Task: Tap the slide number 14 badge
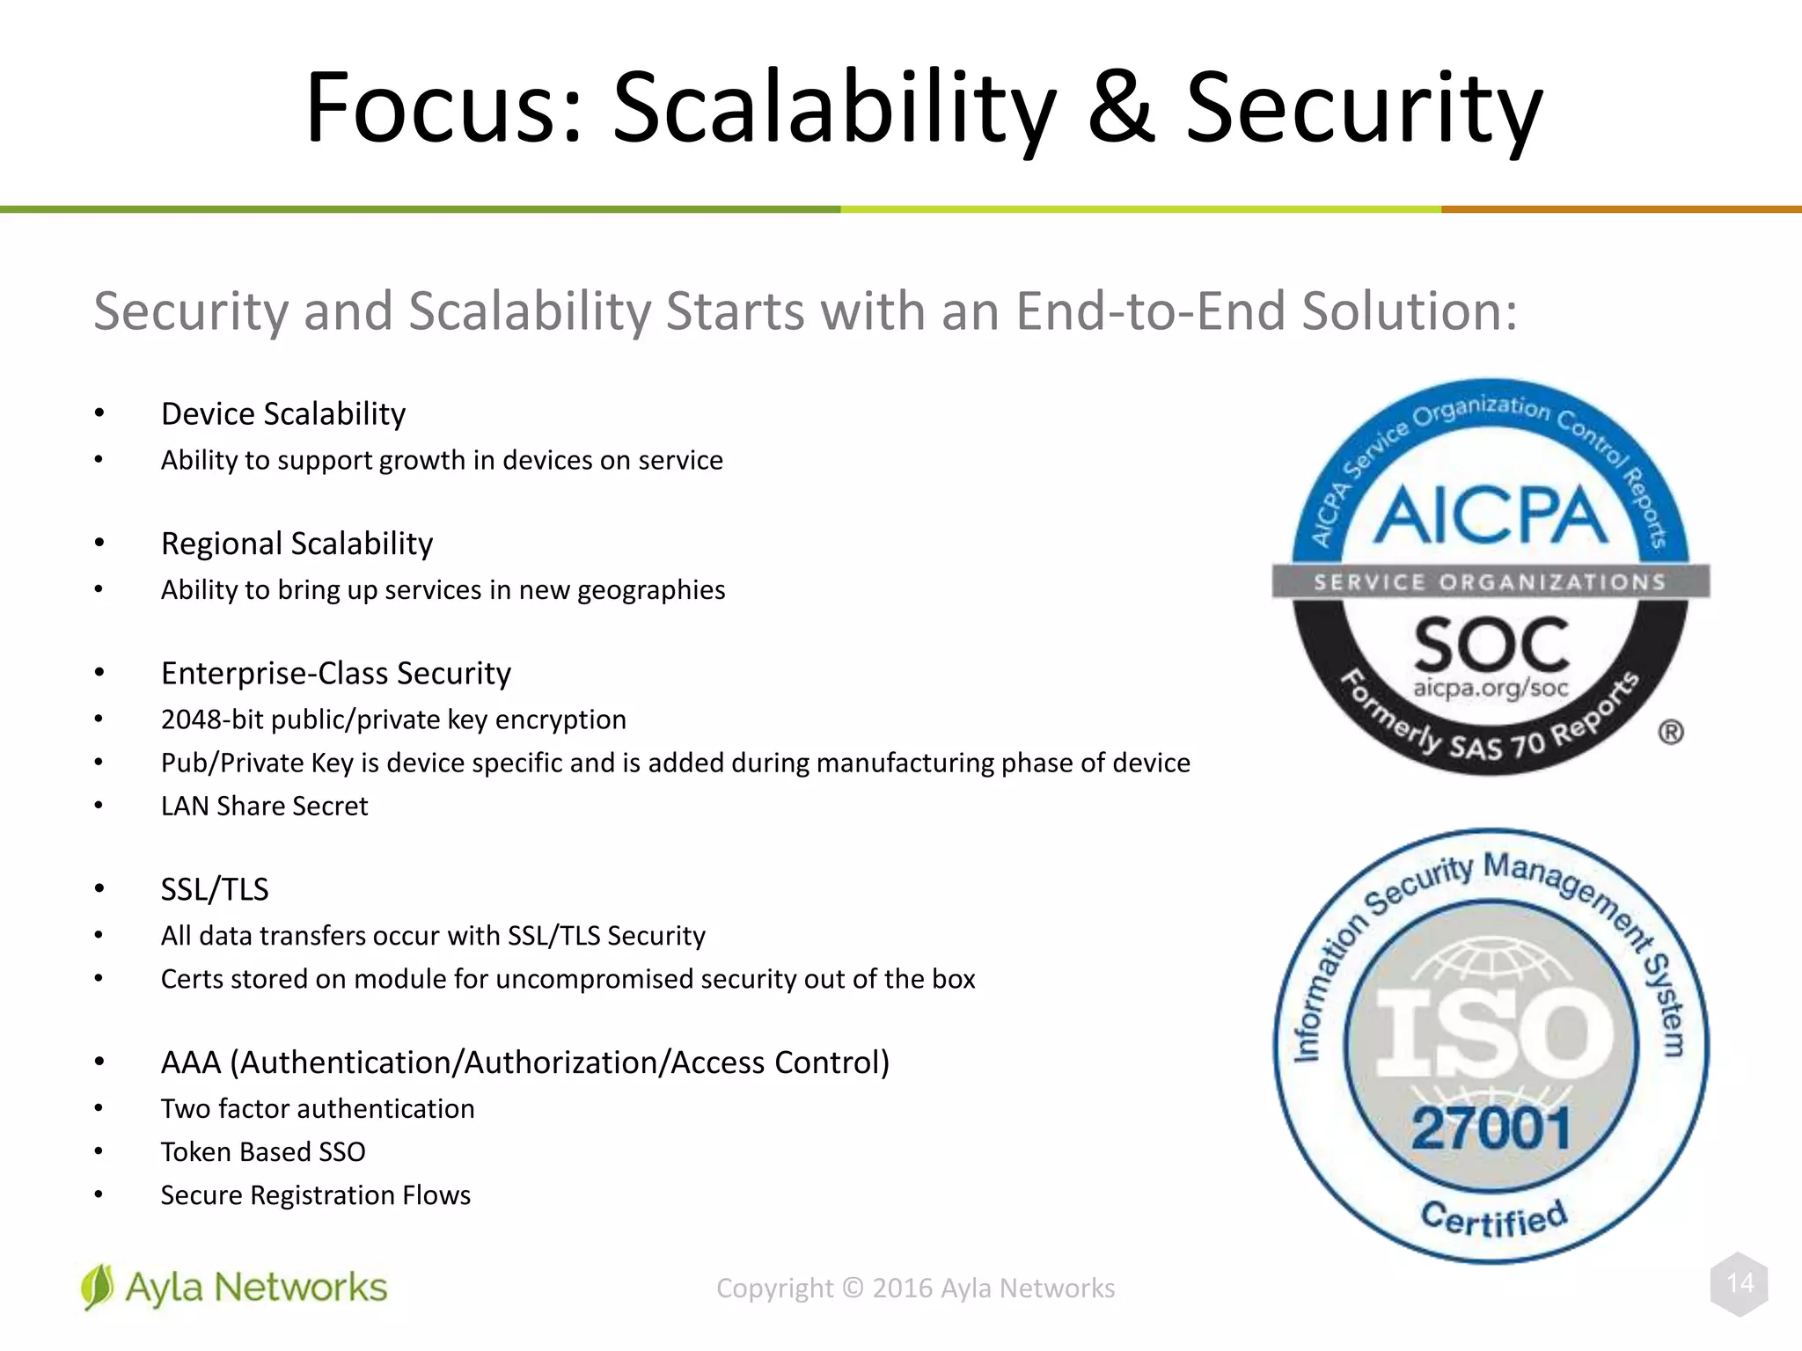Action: [x=1740, y=1283]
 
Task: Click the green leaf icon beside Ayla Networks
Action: [x=97, y=1287]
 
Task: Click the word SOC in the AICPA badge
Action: [x=1491, y=645]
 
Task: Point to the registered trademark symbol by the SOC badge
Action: [x=1670, y=732]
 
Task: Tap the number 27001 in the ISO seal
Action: [x=1491, y=1128]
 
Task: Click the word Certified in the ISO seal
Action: [x=1493, y=1219]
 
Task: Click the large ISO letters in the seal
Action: [x=1493, y=1031]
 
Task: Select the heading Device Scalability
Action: [x=282, y=414]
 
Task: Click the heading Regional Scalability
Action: [x=297, y=544]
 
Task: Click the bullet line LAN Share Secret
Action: [x=264, y=806]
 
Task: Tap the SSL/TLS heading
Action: [x=214, y=889]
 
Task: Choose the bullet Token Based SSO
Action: [x=262, y=1151]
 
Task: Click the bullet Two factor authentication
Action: [x=317, y=1108]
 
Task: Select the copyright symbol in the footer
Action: [x=853, y=1288]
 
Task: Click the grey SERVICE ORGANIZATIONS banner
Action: [x=1490, y=581]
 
